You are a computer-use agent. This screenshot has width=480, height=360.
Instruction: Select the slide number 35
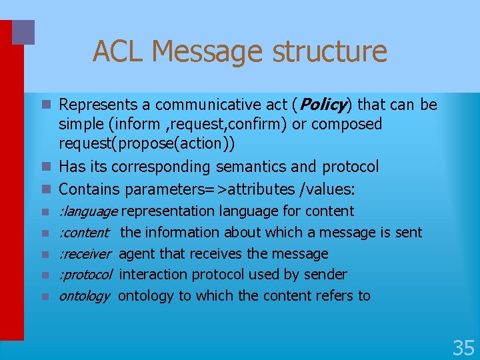(x=463, y=347)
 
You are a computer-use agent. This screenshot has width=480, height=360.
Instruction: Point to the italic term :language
(x=88, y=211)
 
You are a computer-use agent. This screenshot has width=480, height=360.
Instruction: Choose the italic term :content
(x=84, y=233)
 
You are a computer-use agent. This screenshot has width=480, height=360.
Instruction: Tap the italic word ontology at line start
(x=84, y=296)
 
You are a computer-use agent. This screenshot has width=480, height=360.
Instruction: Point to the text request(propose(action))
(x=138, y=144)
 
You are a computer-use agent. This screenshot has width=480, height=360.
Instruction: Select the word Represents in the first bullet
(x=95, y=105)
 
